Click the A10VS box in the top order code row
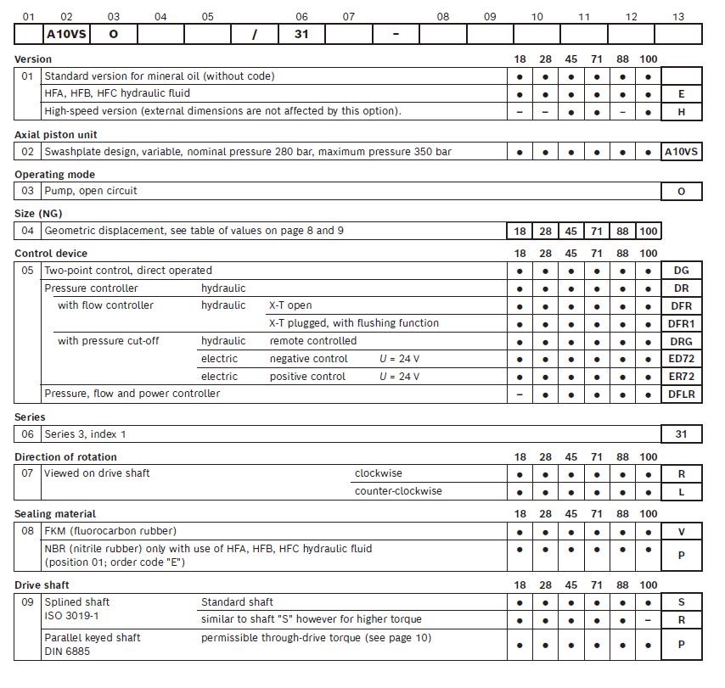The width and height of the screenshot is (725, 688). pyautogui.click(x=66, y=34)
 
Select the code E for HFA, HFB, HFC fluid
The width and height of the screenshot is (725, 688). pyautogui.click(x=681, y=93)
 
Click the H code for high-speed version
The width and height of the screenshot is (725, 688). pyautogui.click(x=681, y=111)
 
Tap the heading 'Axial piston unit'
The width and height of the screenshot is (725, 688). pyautogui.click(x=56, y=135)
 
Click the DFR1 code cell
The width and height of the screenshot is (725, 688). pyautogui.click(x=681, y=323)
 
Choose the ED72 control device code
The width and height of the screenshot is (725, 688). pyautogui.click(x=681, y=359)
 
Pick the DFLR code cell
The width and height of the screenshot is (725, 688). pyautogui.click(x=681, y=394)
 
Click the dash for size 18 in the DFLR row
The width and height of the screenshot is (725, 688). pyautogui.click(x=520, y=394)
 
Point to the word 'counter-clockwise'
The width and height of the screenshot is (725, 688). pyautogui.click(x=398, y=491)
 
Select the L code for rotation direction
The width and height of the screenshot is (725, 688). pyautogui.click(x=681, y=492)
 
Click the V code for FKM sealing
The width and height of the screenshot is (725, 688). pyautogui.click(x=681, y=532)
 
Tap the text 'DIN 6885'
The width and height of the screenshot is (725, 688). pyautogui.click(x=67, y=652)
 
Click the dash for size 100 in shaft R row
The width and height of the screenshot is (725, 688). pyautogui.click(x=649, y=620)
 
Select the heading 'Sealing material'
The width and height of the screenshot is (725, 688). pyautogui.click(x=55, y=514)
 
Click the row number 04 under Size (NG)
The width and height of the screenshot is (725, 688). pyautogui.click(x=28, y=231)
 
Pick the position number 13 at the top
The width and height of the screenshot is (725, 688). pyautogui.click(x=677, y=17)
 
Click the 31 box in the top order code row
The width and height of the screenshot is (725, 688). pyautogui.click(x=301, y=34)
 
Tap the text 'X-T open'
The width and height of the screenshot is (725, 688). pyautogui.click(x=290, y=305)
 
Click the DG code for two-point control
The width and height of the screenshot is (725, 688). pyautogui.click(x=681, y=271)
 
